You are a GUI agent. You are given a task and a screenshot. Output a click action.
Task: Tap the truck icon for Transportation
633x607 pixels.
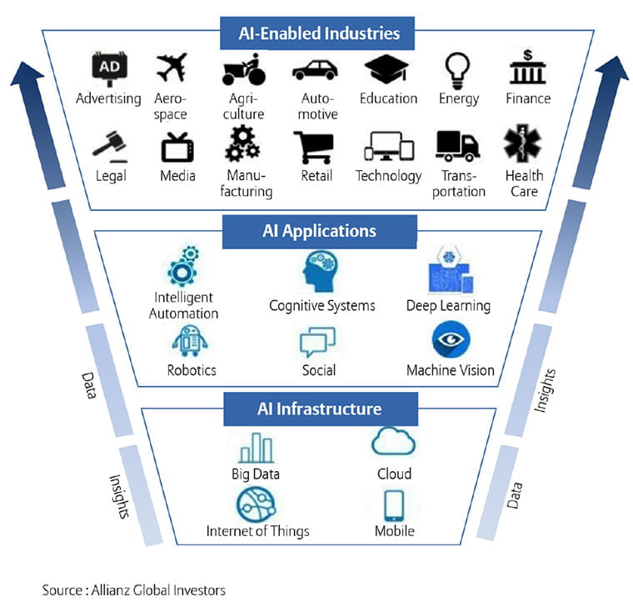458,146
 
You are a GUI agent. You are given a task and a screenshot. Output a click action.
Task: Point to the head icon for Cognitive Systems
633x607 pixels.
321,273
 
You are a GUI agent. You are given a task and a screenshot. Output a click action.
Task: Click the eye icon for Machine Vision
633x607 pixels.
451,340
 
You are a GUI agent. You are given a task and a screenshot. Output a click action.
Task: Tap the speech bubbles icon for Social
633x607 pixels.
318,340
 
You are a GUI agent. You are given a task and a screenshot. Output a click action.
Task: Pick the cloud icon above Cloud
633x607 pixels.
393,443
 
